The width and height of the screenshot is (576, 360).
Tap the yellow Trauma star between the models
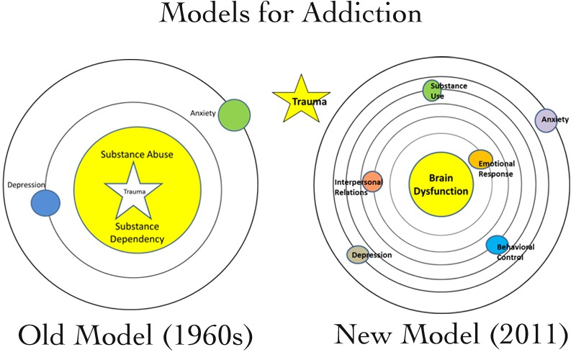pyautogui.click(x=301, y=100)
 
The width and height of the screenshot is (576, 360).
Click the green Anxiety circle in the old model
pyautogui.click(x=234, y=115)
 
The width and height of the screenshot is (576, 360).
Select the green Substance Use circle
pyautogui.click(x=432, y=91)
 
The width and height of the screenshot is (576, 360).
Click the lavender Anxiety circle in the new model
pyautogui.click(x=546, y=119)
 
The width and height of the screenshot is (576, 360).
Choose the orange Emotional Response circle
pyautogui.click(x=480, y=158)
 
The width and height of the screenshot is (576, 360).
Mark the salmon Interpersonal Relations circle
pyautogui.click(x=372, y=181)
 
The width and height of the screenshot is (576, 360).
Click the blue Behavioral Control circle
pyautogui.click(x=497, y=245)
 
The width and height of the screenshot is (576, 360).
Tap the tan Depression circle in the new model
pyautogui.click(x=358, y=254)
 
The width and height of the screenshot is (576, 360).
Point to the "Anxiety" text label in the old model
pyautogui.click(x=202, y=112)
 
